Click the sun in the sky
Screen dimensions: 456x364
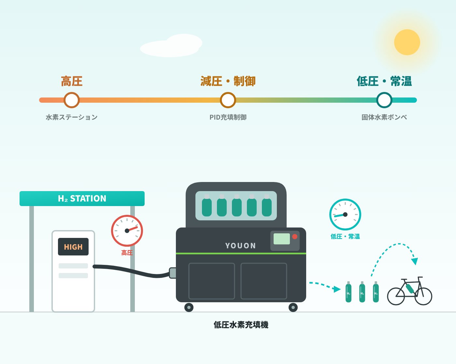coord(407,42)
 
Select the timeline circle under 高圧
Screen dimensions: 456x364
coord(72,100)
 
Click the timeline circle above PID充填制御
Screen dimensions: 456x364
coord(228,100)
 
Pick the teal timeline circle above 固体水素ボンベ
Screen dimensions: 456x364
coord(384,100)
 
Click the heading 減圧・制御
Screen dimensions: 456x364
coord(228,81)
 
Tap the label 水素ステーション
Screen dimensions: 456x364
coord(72,117)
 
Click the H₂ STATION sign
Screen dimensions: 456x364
coord(82,198)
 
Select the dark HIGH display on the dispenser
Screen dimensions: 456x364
coord(73,247)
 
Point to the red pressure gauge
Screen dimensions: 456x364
coord(127,231)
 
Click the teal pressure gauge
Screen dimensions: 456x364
coord(345,214)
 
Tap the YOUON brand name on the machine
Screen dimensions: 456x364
coord(240,246)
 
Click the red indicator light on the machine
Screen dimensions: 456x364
coord(295,237)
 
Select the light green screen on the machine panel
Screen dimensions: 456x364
coord(282,239)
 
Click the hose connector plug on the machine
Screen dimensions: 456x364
coord(173,273)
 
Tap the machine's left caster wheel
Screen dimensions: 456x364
coord(189,307)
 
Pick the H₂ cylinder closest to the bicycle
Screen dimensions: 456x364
coord(376,292)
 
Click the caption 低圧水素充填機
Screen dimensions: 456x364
coord(241,325)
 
